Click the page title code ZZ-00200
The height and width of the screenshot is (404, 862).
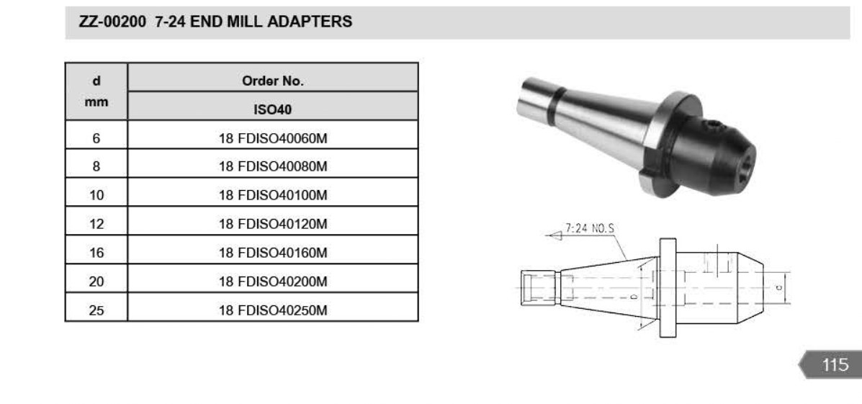click(113, 22)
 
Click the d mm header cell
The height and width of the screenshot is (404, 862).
click(96, 91)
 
